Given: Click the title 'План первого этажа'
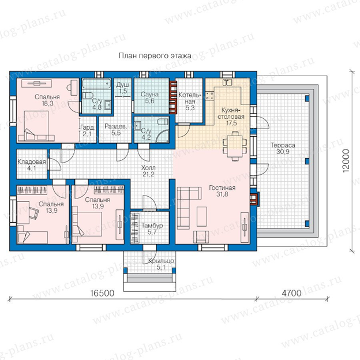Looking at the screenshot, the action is (155, 55).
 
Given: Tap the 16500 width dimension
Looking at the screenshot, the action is (102, 293).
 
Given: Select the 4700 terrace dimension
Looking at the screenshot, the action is (291, 293).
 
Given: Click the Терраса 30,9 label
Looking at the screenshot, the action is (283, 148).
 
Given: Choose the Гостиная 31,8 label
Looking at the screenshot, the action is (222, 191).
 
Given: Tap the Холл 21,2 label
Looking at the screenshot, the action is (148, 171).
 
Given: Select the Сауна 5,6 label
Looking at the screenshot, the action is (149, 97).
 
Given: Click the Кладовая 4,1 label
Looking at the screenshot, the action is (32, 165).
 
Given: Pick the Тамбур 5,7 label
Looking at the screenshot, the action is (152, 228).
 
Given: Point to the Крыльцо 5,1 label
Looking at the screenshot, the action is (161, 264).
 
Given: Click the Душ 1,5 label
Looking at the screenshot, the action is (123, 88).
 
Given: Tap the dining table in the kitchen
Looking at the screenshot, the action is (235, 147).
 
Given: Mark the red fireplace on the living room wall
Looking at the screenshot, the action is (254, 198).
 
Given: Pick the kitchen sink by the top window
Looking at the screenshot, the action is (227, 82).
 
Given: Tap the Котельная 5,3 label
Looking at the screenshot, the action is (190, 102).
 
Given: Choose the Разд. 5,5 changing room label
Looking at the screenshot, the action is (116, 130).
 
